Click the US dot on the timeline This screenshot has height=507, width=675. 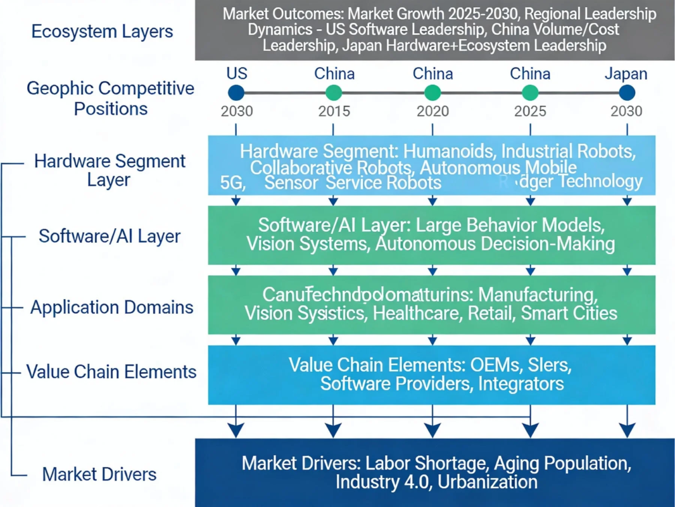(236, 93)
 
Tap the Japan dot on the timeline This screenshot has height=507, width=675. (626, 93)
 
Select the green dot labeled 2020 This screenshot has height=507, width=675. (432, 93)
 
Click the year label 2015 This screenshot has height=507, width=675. (334, 112)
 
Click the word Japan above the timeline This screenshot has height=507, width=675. (626, 74)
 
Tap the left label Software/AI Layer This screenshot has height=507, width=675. (110, 236)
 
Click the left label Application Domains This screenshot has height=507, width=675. (112, 307)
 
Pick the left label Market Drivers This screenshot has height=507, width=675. (101, 473)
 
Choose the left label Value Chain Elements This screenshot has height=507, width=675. (111, 371)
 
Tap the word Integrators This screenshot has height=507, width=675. (520, 383)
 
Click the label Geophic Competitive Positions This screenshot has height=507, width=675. (110, 98)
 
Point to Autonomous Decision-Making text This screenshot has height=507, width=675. (495, 244)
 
